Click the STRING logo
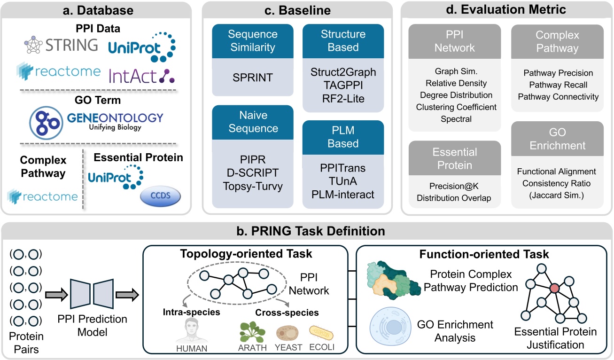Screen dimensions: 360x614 click(x=61, y=46)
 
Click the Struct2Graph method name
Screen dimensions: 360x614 click(x=343, y=73)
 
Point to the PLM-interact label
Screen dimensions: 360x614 click(x=343, y=194)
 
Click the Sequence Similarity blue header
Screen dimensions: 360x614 click(x=253, y=41)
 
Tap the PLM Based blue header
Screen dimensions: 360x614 click(x=343, y=136)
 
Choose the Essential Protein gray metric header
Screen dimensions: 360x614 click(x=454, y=158)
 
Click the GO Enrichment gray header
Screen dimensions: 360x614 click(x=558, y=139)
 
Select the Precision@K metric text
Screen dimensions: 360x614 click(x=454, y=186)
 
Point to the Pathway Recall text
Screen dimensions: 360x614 click(x=558, y=85)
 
